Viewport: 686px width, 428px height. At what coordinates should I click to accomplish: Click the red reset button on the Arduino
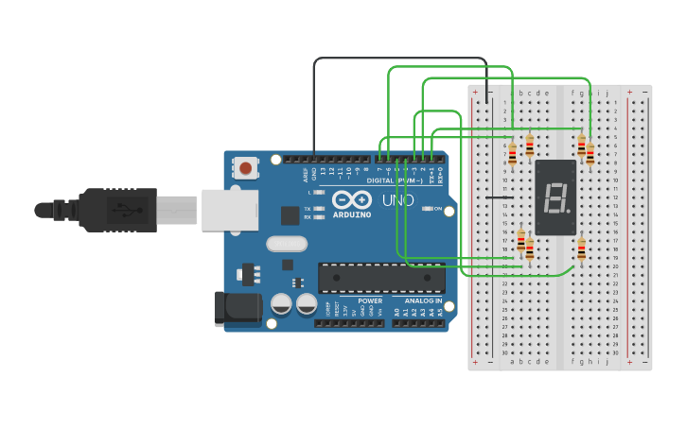pyautogui.click(x=246, y=169)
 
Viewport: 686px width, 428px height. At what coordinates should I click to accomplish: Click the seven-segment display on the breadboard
pyautogui.click(x=554, y=197)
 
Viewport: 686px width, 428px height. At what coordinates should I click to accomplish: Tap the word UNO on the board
pyautogui.click(x=397, y=200)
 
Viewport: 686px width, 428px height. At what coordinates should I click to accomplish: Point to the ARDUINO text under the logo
pyautogui.click(x=351, y=214)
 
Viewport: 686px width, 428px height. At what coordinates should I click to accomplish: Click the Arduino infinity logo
pyautogui.click(x=351, y=199)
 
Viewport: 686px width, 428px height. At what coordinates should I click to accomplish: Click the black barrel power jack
pyautogui.click(x=237, y=308)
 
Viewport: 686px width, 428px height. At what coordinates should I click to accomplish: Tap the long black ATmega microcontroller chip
pyautogui.click(x=381, y=278)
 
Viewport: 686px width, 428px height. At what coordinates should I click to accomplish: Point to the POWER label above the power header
pyautogui.click(x=370, y=301)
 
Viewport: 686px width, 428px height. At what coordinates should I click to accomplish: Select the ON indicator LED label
pyautogui.click(x=438, y=208)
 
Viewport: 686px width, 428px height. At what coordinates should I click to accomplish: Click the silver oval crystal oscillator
pyautogui.click(x=287, y=244)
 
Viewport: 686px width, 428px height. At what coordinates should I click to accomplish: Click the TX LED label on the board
pyautogui.click(x=308, y=208)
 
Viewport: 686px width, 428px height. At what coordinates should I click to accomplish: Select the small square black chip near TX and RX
pyautogui.click(x=290, y=215)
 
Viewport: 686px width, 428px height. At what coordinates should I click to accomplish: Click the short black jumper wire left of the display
pyautogui.click(x=505, y=197)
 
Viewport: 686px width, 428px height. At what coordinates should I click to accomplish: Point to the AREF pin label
pyautogui.click(x=306, y=175)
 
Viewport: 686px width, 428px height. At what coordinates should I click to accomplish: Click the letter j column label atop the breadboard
pyautogui.click(x=607, y=94)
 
